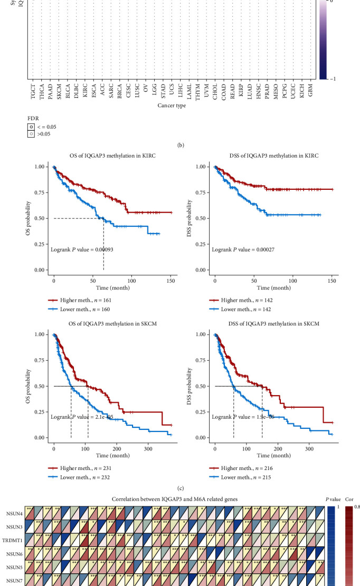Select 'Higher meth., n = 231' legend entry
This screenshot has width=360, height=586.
tap(88, 468)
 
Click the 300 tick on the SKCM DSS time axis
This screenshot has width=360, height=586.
tap(309, 445)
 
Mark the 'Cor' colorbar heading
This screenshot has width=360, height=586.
tap(349, 498)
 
